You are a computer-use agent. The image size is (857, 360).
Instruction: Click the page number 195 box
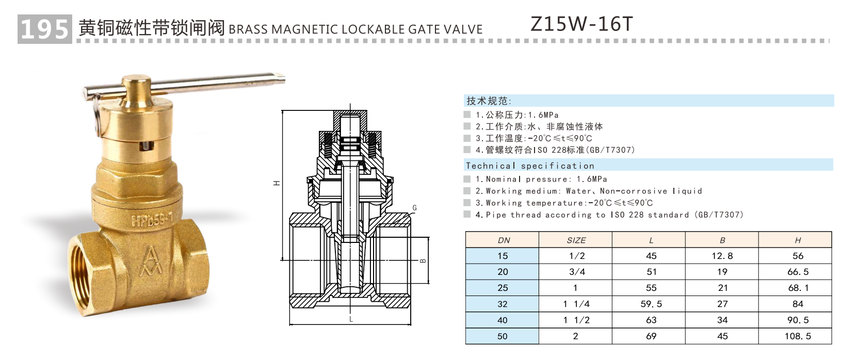click(x=44, y=29)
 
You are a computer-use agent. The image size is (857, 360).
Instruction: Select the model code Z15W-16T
click(x=581, y=24)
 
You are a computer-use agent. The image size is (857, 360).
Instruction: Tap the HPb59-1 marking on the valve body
click(x=152, y=221)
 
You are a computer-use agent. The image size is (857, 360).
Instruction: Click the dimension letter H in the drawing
click(x=277, y=183)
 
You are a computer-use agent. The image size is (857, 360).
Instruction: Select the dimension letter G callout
click(x=414, y=208)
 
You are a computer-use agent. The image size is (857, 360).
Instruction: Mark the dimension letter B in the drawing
click(x=423, y=260)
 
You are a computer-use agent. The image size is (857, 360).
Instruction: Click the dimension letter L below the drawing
click(x=351, y=319)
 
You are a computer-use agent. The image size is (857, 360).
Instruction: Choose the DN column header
click(x=503, y=240)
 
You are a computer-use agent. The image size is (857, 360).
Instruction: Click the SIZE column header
click(x=576, y=240)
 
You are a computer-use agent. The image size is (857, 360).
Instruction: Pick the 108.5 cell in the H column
click(x=798, y=336)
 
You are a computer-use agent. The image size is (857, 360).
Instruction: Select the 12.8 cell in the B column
click(x=722, y=256)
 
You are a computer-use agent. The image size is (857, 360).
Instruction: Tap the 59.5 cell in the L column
click(x=651, y=304)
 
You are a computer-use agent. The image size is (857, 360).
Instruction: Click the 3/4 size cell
click(x=576, y=272)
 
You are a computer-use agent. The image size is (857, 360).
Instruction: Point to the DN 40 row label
click(x=503, y=320)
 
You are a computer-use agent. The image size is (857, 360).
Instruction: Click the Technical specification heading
click(x=530, y=166)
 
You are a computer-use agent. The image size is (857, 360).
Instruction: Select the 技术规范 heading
click(x=489, y=101)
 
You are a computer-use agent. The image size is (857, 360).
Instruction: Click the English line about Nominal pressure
click(x=541, y=179)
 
